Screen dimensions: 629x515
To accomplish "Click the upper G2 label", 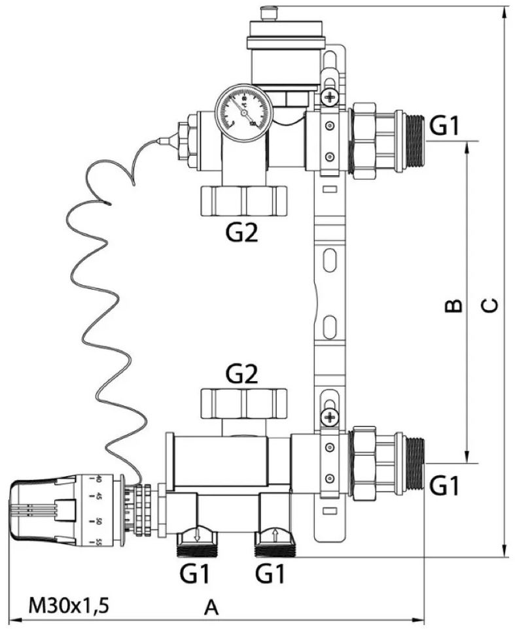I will point(243,233).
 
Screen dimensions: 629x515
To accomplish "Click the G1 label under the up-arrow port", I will point(270,575).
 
